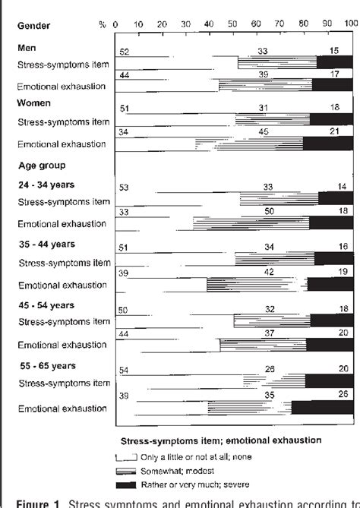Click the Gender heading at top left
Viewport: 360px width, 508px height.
pyautogui.click(x=33, y=25)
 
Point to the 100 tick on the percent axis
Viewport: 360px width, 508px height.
pyautogui.click(x=349, y=25)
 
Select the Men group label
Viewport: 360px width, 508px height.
pyautogui.click(x=27, y=47)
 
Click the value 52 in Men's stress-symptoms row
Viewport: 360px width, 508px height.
pyautogui.click(x=124, y=51)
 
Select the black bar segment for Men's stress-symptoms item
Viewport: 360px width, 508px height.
pyautogui.click(x=335, y=63)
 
